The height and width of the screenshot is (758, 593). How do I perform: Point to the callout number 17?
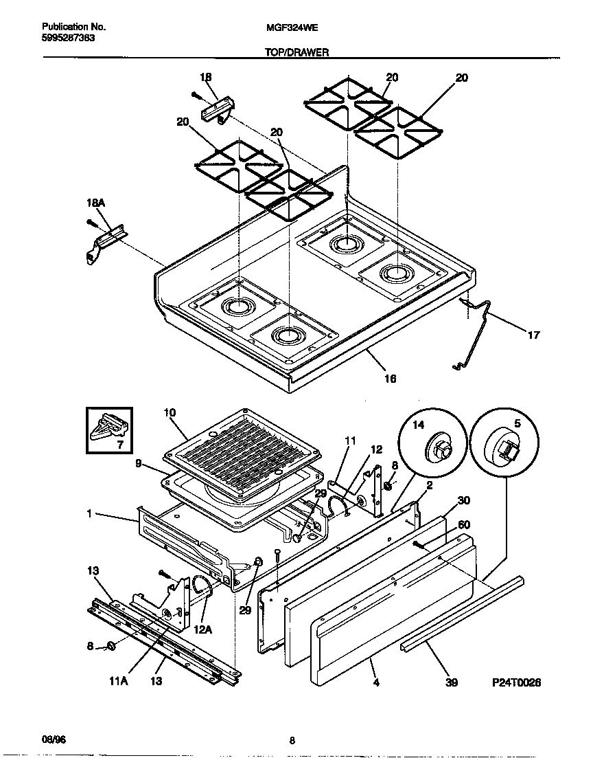pos(533,335)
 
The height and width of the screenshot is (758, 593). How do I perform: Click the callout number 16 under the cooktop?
pos(389,378)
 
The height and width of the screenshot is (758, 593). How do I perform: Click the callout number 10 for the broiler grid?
pos(170,412)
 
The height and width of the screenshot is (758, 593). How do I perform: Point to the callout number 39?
pos(451,682)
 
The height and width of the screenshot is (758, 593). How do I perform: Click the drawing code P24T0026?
pos(516,682)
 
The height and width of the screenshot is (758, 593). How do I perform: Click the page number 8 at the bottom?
pos(292,740)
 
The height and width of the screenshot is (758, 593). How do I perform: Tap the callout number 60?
pos(463,525)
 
